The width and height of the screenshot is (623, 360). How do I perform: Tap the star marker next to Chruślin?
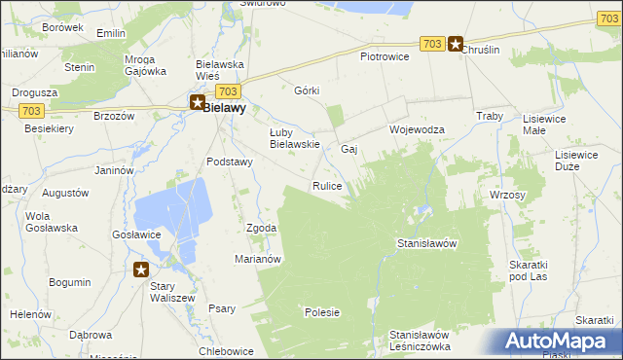(x=455, y=44)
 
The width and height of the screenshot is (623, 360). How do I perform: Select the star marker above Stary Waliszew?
(x=141, y=270)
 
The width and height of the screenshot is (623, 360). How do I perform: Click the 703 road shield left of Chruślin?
(x=433, y=44)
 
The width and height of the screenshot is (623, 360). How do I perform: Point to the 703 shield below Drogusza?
(x=30, y=110)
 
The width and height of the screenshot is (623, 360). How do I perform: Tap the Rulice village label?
(x=326, y=186)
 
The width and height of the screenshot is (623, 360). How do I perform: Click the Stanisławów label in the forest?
(x=427, y=243)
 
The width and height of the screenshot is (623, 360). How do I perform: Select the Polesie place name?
(x=322, y=312)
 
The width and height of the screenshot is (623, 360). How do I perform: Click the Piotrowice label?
(x=385, y=56)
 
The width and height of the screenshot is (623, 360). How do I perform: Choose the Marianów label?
(x=258, y=259)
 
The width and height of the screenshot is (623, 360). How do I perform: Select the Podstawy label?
(x=230, y=162)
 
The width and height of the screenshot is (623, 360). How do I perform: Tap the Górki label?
(x=307, y=90)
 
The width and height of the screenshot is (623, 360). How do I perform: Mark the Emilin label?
(x=112, y=33)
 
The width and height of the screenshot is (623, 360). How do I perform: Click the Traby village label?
(x=488, y=116)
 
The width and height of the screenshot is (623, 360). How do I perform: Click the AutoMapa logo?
(x=560, y=341)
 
